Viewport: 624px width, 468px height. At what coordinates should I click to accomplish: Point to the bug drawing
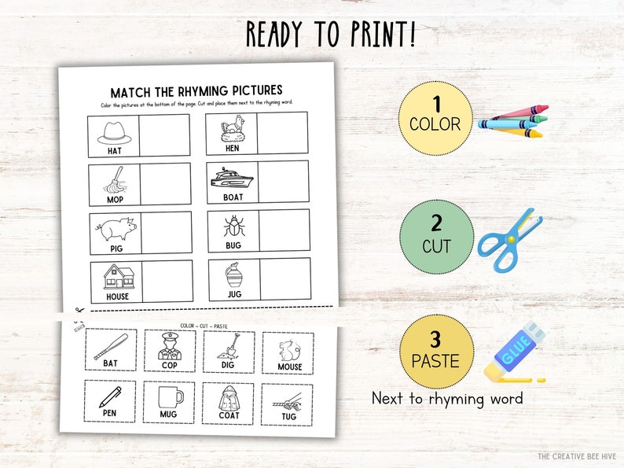pos(233,226)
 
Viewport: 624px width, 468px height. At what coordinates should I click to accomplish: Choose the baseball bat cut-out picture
pos(110,345)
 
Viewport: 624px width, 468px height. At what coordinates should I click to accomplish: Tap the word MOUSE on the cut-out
pos(289,367)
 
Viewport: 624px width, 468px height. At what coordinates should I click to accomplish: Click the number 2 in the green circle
pos(436,224)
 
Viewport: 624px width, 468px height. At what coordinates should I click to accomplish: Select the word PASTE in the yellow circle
pos(436,363)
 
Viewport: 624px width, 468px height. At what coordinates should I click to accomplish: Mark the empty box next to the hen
pos(283,133)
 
